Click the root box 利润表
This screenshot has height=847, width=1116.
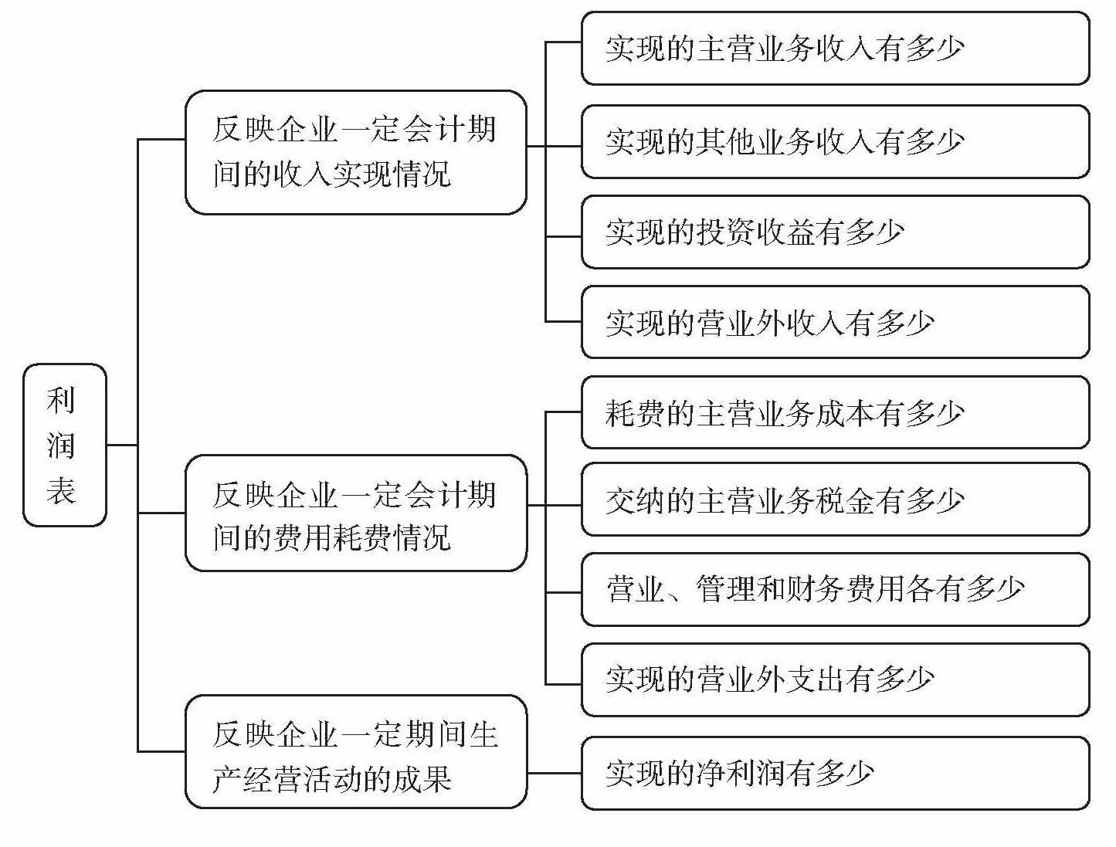[64, 445]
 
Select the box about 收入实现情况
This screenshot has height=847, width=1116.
[355, 152]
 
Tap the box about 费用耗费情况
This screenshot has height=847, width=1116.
[355, 513]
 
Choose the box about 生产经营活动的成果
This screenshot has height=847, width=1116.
[355, 752]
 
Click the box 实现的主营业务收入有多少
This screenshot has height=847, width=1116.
[834, 48]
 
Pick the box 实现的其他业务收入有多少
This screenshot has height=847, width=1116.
[834, 142]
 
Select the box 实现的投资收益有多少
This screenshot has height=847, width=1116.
[834, 232]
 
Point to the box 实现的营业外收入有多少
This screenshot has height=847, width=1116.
[834, 322]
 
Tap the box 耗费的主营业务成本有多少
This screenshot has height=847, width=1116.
[834, 412]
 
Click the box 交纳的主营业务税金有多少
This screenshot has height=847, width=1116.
[834, 500]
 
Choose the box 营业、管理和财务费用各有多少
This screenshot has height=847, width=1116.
[834, 589]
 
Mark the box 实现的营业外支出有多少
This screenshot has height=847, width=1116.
[834, 679]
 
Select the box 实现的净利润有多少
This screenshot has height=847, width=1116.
[834, 773]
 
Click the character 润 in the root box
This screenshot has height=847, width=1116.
[61, 446]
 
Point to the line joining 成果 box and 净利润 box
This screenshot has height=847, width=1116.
[554, 773]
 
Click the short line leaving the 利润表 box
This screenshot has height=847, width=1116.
[122, 445]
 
